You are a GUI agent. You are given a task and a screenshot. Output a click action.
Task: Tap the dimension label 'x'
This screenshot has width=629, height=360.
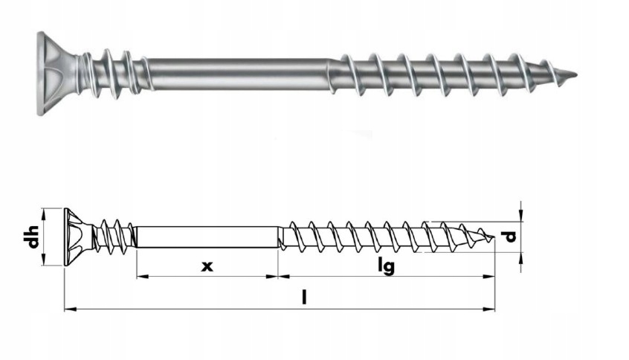[207, 265]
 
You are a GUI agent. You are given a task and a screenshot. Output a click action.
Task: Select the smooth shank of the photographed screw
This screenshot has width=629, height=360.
[238, 73]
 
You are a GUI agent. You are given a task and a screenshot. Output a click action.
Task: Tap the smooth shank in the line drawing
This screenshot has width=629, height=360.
[207, 237]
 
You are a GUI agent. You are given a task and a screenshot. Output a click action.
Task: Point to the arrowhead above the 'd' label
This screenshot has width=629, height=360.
[522, 216]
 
